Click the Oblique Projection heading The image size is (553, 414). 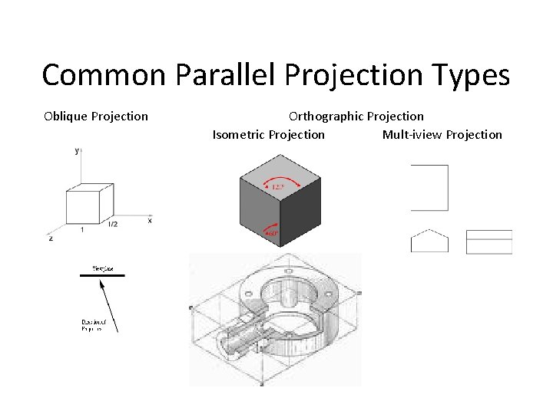coord(96,116)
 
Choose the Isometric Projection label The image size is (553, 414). coord(268,134)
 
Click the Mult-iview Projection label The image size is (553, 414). coord(442,134)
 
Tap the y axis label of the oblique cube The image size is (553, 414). coord(77,152)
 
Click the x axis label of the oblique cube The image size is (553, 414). coord(150,220)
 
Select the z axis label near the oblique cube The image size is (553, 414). coord(51,238)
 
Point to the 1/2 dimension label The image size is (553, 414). coord(113,225)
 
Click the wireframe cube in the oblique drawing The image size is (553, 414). coord(90,203)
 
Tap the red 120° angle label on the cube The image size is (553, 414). coord(273,185)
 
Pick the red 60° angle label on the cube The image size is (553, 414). coord(271,231)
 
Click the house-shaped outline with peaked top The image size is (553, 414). coord(429,241)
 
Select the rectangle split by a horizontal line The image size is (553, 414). coord(489,241)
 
